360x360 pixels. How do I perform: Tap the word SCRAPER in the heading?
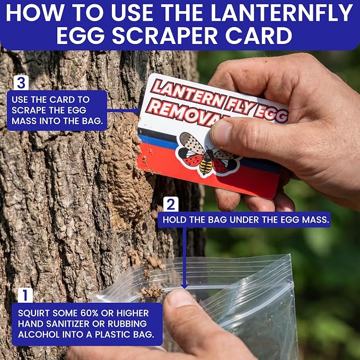(x=164, y=36)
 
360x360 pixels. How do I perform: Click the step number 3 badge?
(x=21, y=83)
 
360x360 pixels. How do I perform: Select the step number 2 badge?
(x=171, y=204)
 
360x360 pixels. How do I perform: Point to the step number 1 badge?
(x=25, y=295)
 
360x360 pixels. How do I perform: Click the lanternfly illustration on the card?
(x=208, y=154)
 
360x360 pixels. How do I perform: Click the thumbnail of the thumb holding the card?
(x=222, y=133)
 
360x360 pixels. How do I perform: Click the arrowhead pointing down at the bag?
(x=185, y=286)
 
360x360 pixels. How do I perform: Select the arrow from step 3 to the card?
(x=124, y=111)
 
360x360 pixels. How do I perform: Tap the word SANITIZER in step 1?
(x=67, y=324)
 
